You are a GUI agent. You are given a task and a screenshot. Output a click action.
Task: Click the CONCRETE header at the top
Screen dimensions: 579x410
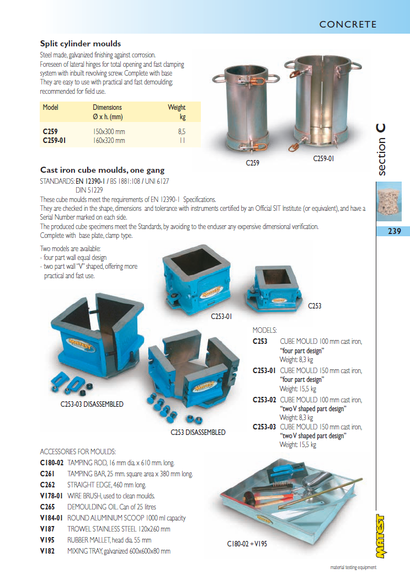click(x=348, y=24)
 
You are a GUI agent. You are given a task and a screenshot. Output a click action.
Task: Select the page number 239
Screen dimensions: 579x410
click(x=394, y=231)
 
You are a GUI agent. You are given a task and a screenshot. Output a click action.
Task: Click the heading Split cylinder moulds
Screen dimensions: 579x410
click(x=81, y=44)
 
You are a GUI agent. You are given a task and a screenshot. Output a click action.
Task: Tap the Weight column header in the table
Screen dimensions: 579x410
click(x=177, y=107)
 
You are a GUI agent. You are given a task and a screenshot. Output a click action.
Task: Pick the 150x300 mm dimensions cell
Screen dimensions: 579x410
click(x=109, y=132)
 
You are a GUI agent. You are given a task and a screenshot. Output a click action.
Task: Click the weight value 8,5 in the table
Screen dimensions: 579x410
click(x=182, y=132)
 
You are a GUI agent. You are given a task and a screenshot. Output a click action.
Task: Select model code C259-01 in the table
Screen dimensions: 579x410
click(x=54, y=140)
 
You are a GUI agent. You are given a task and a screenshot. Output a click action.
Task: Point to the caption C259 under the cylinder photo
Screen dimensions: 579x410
click(x=252, y=163)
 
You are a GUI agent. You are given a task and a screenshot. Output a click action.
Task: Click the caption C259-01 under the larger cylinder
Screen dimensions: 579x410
click(x=323, y=159)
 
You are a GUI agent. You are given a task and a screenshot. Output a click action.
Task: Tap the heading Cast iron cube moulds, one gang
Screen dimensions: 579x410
click(x=102, y=171)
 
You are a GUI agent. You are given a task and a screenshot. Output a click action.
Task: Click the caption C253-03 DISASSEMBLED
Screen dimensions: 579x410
click(x=92, y=404)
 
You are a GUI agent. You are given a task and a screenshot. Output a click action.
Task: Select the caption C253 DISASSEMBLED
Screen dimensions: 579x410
click(x=198, y=432)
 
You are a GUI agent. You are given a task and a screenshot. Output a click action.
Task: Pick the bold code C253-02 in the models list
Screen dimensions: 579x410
click(x=264, y=400)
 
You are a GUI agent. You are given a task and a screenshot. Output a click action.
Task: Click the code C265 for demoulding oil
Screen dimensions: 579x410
click(x=47, y=507)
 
